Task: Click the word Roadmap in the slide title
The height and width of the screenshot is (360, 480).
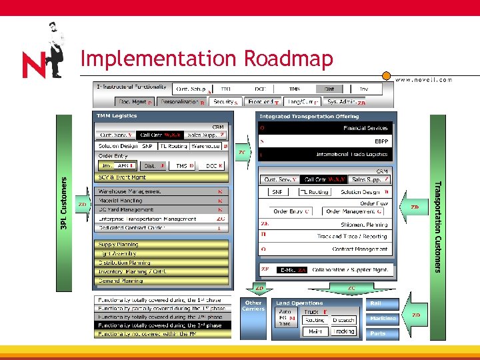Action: [288, 59]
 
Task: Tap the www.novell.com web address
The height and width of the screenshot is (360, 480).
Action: [423, 79]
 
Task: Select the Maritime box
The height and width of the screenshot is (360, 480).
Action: [383, 319]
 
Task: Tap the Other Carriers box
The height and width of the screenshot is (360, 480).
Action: [253, 306]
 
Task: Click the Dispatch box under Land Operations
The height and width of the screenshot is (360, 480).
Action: [343, 320]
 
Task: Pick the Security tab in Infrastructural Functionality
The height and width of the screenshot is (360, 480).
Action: [225, 102]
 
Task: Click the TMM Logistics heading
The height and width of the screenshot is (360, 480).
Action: [117, 116]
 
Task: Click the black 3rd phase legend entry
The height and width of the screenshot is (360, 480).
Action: [162, 325]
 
